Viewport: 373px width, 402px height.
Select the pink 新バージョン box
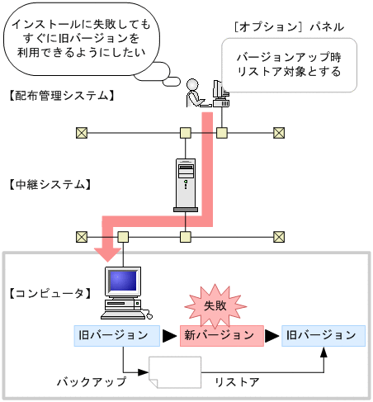pyautogui.click(x=219, y=336)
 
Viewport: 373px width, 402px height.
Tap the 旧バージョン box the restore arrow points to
pyautogui.click(x=321, y=335)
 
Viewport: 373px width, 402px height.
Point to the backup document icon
pyautogui.click(x=175, y=374)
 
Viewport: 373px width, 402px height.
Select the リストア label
pyautogui.click(x=237, y=382)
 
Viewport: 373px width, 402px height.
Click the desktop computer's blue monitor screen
pyautogui.click(x=122, y=283)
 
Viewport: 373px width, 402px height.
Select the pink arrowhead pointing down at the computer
pyautogui.click(x=106, y=251)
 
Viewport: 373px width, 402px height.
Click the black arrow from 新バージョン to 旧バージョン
pyautogui.click(x=272, y=336)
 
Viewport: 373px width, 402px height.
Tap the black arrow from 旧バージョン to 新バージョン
pyautogui.click(x=168, y=336)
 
